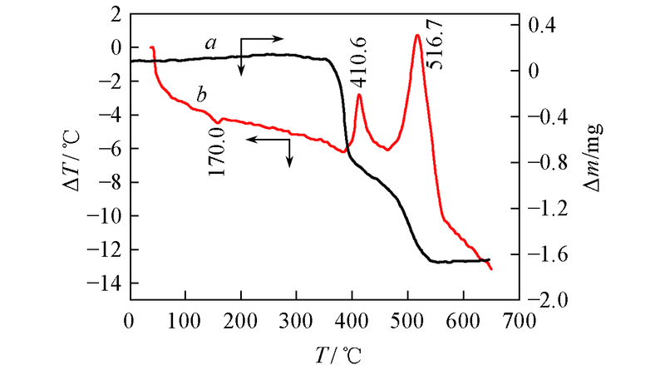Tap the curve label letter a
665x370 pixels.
click(x=212, y=44)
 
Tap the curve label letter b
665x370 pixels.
click(x=201, y=95)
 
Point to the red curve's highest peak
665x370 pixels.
click(x=417, y=35)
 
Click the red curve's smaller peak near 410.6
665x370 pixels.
click(x=359, y=95)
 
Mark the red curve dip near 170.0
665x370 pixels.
click(x=218, y=123)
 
